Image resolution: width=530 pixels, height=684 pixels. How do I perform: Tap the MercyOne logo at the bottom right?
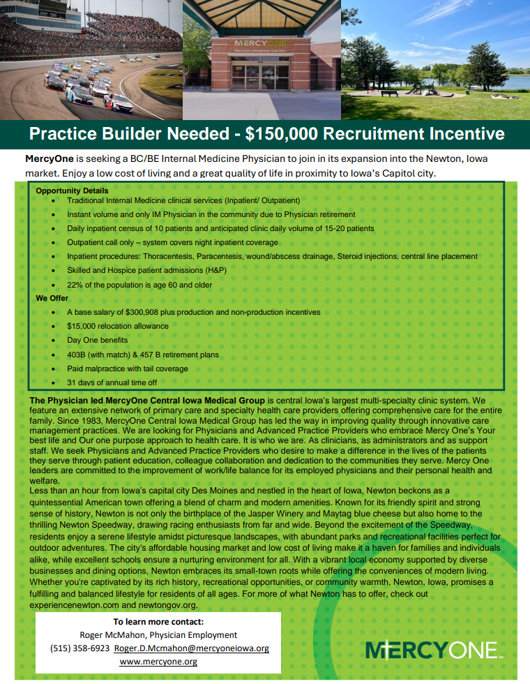(x=432, y=649)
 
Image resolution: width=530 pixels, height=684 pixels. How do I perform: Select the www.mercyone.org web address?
(x=158, y=661)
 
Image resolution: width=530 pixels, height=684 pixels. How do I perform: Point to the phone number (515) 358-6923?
(x=80, y=648)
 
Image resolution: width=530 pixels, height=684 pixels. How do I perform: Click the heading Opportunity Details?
(x=72, y=191)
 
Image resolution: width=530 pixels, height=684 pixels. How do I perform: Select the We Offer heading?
(x=52, y=298)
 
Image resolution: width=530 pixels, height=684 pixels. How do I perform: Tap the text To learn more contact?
(x=158, y=622)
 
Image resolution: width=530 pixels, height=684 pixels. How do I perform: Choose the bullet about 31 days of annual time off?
(x=112, y=382)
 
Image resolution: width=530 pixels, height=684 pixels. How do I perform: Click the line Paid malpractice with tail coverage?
(x=127, y=369)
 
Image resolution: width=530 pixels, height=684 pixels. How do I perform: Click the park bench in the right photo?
(x=388, y=92)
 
